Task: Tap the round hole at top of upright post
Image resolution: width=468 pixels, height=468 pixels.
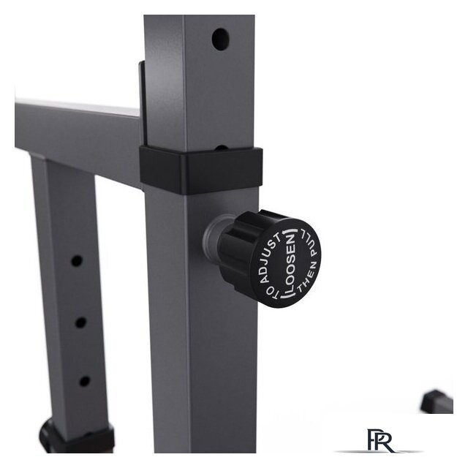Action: coord(221,39)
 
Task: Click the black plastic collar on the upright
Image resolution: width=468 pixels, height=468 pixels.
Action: coord(201,170)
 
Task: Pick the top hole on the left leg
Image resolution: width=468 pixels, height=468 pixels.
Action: coord(77,261)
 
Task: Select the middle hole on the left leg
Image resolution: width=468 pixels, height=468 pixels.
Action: coord(80,322)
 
